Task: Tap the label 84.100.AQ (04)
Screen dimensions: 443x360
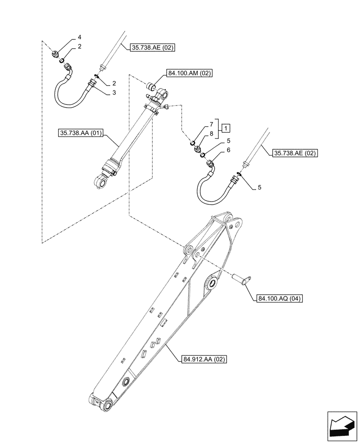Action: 279,299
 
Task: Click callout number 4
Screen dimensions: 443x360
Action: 79,37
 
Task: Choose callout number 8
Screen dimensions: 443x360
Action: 211,133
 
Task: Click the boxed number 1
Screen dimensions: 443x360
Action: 226,128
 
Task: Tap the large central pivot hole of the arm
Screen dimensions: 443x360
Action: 211,283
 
